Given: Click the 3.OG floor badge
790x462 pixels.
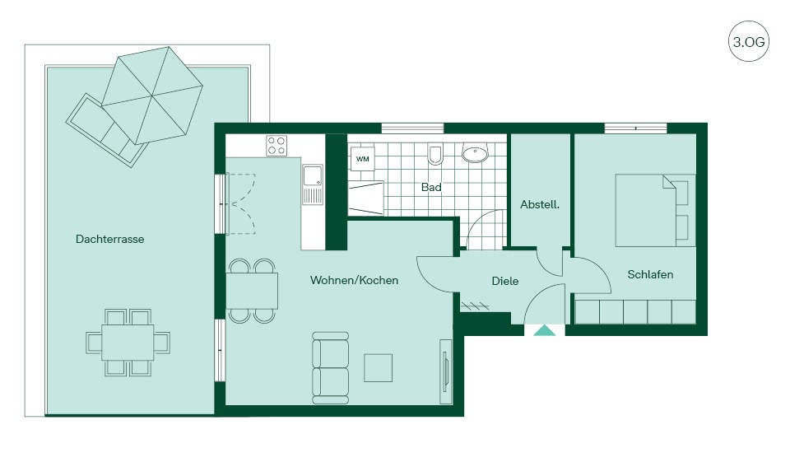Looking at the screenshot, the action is (749, 41).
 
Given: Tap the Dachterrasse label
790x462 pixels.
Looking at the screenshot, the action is (109, 239).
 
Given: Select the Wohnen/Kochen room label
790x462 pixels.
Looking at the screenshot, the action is (354, 280).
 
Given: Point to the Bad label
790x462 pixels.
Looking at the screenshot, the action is (431, 187).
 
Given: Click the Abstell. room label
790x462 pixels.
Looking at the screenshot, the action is (540, 204).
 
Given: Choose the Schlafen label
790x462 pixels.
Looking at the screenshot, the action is (650, 274).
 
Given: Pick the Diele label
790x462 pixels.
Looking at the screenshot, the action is (504, 281).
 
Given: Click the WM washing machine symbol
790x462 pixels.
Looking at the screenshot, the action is (362, 159).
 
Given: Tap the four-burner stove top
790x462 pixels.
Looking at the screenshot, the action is (276, 146).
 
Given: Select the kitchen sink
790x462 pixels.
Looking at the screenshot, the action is (313, 184).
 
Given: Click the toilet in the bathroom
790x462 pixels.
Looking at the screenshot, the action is (435, 154).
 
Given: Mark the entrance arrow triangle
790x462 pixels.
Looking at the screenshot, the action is (544, 330).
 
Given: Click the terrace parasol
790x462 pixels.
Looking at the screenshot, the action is (152, 96).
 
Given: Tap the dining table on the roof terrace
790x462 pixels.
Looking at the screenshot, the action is (128, 343).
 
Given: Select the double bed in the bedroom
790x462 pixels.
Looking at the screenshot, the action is (655, 210).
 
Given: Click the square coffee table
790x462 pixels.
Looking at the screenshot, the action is (378, 367).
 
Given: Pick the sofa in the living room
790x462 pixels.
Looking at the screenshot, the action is (331, 367).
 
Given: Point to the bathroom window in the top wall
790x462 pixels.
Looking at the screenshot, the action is (412, 128).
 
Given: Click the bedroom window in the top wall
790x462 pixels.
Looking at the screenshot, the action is (636, 128).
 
